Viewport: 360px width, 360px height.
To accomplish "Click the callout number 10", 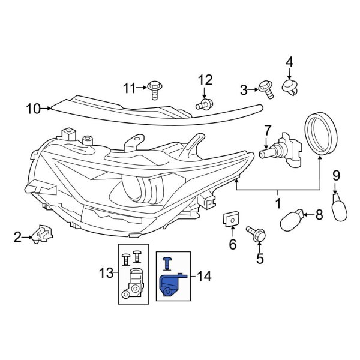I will click(x=32, y=109).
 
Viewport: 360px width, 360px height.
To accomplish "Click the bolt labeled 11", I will click(x=155, y=88).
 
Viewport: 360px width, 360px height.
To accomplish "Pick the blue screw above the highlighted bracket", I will click(x=167, y=262).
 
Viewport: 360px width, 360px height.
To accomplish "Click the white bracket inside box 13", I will click(x=135, y=283).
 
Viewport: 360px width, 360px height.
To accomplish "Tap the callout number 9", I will click(x=336, y=175).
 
